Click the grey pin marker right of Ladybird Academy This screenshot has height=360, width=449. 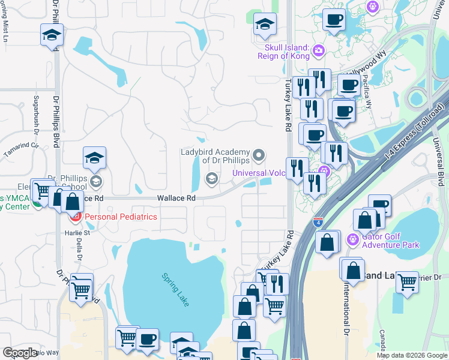pyautogui.click(x=259, y=156)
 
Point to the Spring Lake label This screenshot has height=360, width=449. pyautogui.click(x=176, y=289)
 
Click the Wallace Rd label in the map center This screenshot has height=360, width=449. pyautogui.click(x=176, y=198)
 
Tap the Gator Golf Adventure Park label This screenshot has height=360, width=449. pyautogui.click(x=391, y=241)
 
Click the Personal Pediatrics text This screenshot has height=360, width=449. pyautogui.click(x=121, y=217)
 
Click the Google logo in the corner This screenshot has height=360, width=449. pyautogui.click(x=20, y=352)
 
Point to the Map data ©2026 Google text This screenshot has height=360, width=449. pyautogui.click(x=411, y=355)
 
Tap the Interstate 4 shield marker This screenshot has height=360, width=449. pyautogui.click(x=318, y=223)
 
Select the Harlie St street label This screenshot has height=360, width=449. pyautogui.click(x=77, y=233)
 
